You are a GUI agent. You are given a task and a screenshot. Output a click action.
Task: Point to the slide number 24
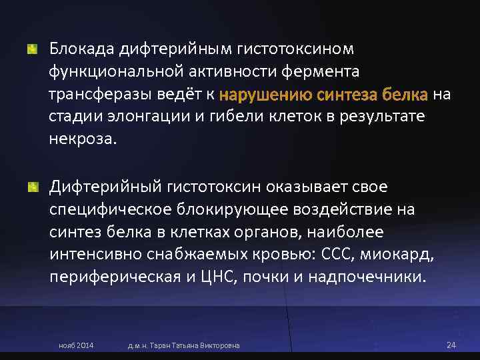tap(450, 345)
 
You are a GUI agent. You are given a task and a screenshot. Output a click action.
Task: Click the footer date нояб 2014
tap(76, 345)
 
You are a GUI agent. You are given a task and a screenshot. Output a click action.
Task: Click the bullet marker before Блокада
tap(31, 49)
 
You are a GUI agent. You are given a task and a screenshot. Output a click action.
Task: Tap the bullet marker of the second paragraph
tap(31, 187)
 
